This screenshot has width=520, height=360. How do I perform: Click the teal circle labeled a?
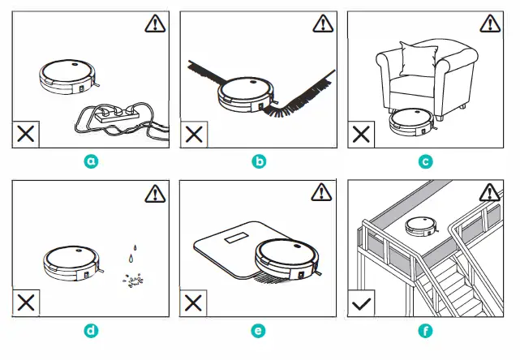tap(92, 161)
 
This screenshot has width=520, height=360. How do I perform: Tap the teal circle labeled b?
tap(259, 161)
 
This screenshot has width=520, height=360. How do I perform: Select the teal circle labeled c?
tap(426, 161)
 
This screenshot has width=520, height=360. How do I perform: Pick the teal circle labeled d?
tap(92, 330)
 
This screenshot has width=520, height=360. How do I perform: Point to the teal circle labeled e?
tap(259, 330)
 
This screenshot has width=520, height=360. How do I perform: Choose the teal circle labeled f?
tap(426, 330)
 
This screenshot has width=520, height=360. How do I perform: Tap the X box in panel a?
tap(26, 135)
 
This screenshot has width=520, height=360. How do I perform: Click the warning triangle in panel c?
tap(488, 24)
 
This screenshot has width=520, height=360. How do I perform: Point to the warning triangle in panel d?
tap(154, 194)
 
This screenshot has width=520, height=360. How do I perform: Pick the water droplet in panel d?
tap(130, 257)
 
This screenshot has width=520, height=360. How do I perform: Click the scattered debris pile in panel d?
tap(131, 280)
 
